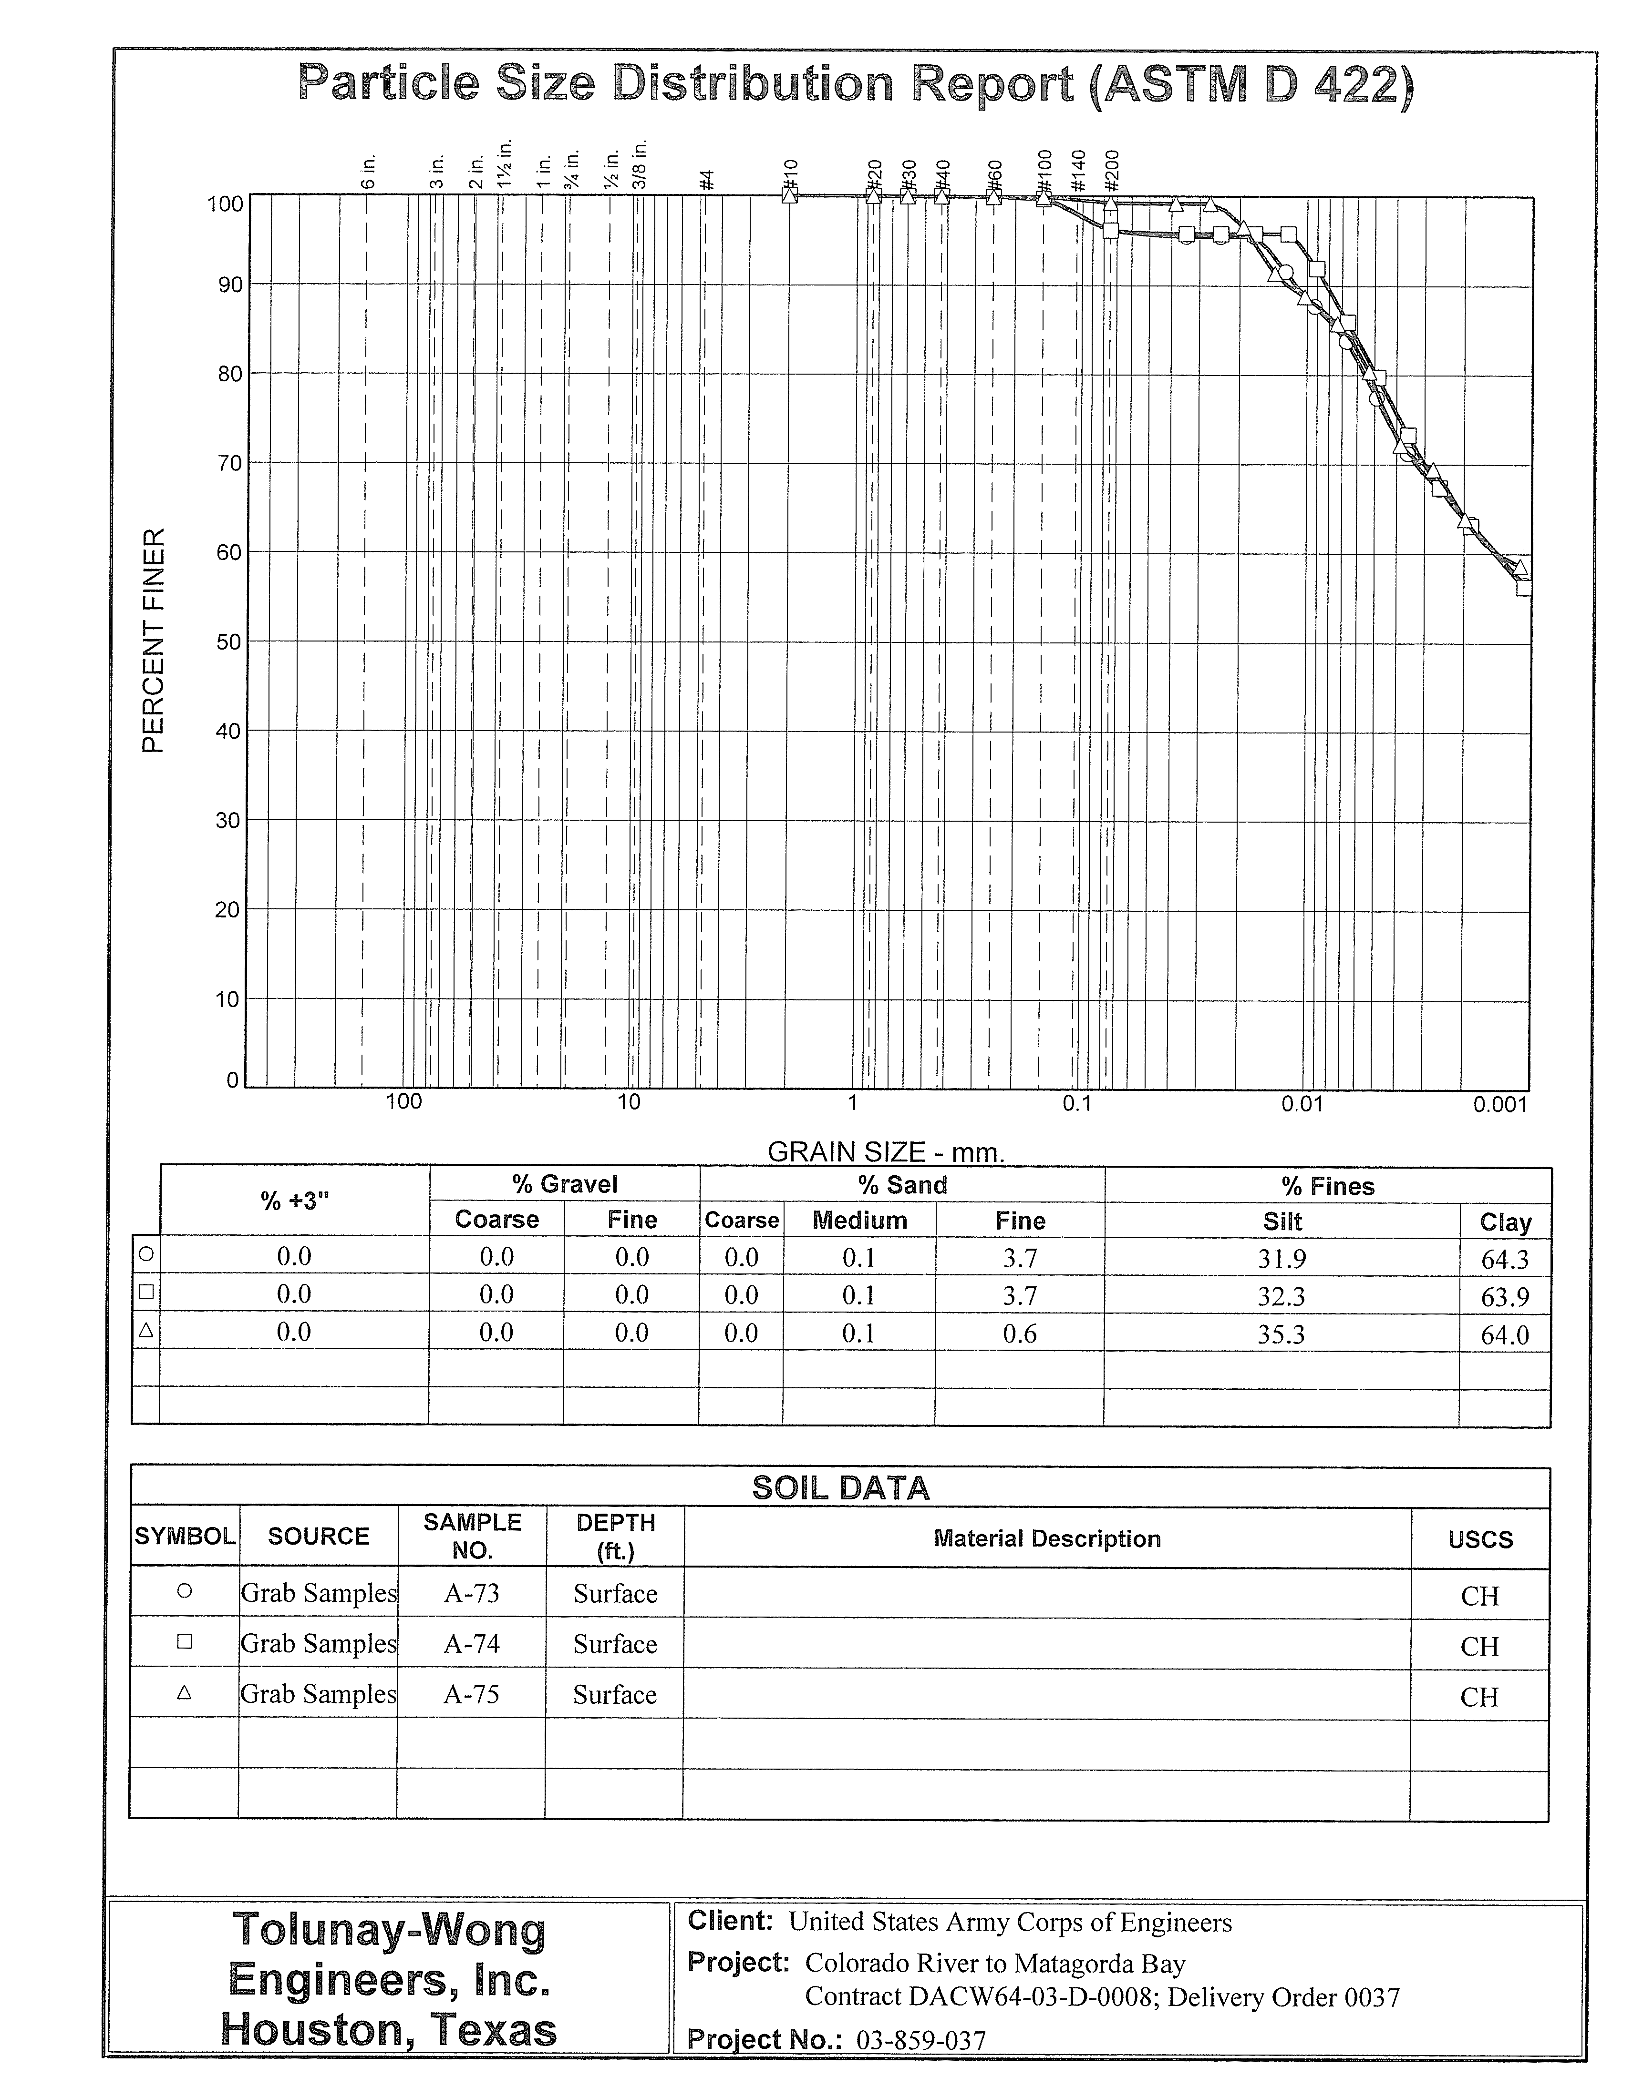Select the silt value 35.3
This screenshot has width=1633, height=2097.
[x=1282, y=1334]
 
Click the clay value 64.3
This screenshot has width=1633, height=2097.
[x=1504, y=1259]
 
